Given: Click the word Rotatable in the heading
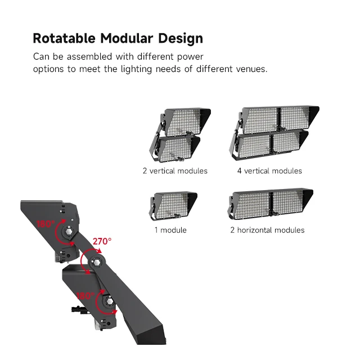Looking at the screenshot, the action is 64,39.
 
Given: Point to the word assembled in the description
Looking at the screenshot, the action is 83,57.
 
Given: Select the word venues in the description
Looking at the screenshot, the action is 252,69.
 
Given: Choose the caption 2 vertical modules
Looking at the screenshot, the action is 175,170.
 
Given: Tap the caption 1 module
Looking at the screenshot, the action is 170,230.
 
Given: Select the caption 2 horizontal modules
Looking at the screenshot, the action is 267,230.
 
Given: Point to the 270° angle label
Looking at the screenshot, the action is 102,241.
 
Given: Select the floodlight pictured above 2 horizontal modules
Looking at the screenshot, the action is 270,205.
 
